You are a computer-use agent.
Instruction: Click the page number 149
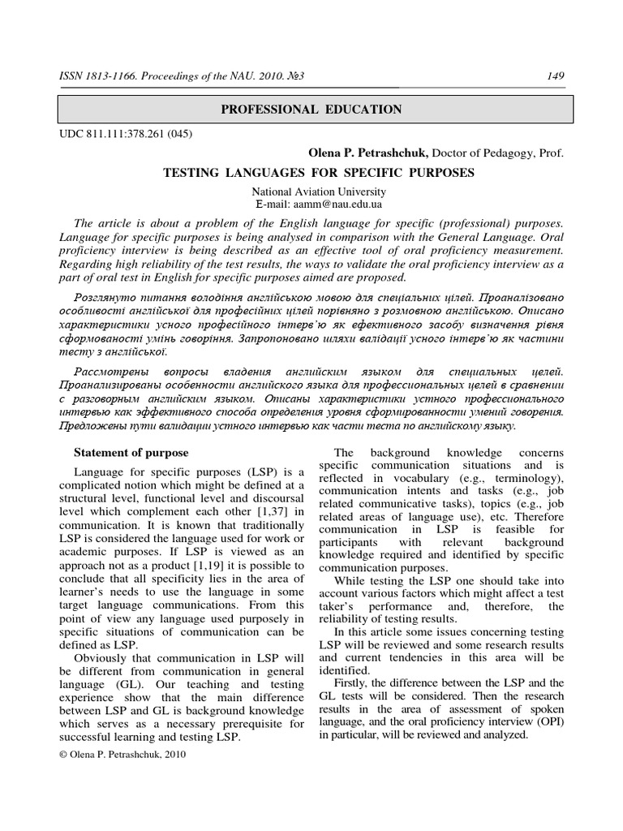coord(556,76)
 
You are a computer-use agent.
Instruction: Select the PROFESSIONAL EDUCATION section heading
coord(312,109)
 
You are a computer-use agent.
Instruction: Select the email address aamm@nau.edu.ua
coord(340,205)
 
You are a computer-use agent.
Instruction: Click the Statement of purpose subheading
coord(131,452)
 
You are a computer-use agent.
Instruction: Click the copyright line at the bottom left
coord(123,753)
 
